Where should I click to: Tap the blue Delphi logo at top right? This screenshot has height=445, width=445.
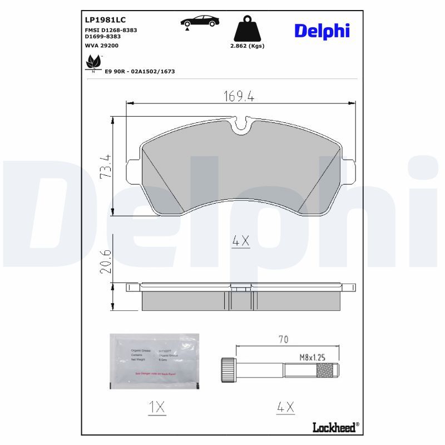point(322,31)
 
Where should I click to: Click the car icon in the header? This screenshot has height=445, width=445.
point(200,22)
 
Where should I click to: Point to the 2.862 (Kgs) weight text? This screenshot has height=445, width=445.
point(247,46)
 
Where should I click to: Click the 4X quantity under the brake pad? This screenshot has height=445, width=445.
point(240,241)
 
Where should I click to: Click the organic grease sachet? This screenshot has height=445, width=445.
point(154,361)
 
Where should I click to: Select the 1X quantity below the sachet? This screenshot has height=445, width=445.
point(157,407)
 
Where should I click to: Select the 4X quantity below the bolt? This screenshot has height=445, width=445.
point(286,407)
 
